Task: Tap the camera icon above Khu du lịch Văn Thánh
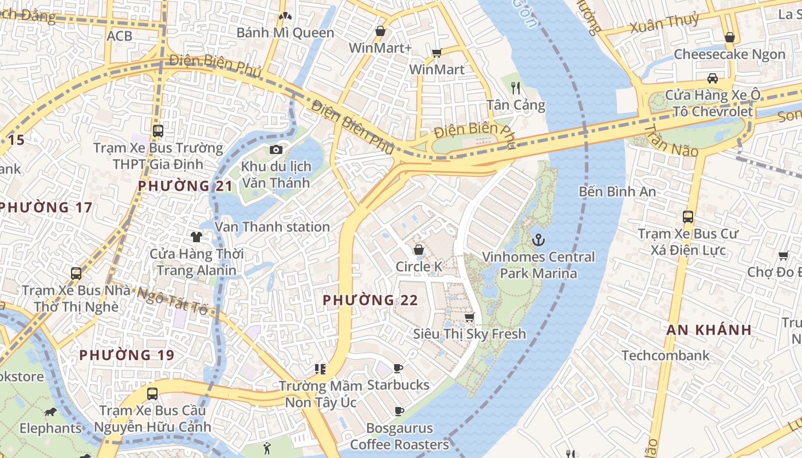click(276, 149)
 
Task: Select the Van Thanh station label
click(272, 227)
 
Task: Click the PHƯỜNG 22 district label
click(370, 300)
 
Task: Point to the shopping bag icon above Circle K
click(419, 250)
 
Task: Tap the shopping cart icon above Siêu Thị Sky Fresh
click(470, 317)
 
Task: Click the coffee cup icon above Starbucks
click(398, 368)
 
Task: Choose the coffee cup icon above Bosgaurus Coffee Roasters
click(399, 411)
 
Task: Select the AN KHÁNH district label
click(709, 330)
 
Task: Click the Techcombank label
click(666, 356)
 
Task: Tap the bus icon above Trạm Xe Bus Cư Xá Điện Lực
click(688, 217)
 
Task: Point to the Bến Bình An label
click(617, 191)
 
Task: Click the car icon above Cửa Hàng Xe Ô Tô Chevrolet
click(712, 78)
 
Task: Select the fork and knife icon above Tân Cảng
click(516, 88)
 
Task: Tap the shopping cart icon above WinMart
click(437, 53)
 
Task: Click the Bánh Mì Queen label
click(285, 33)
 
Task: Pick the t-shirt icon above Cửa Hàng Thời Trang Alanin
click(196, 236)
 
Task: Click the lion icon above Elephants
click(50, 412)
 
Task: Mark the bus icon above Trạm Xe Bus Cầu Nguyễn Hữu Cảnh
click(152, 394)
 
